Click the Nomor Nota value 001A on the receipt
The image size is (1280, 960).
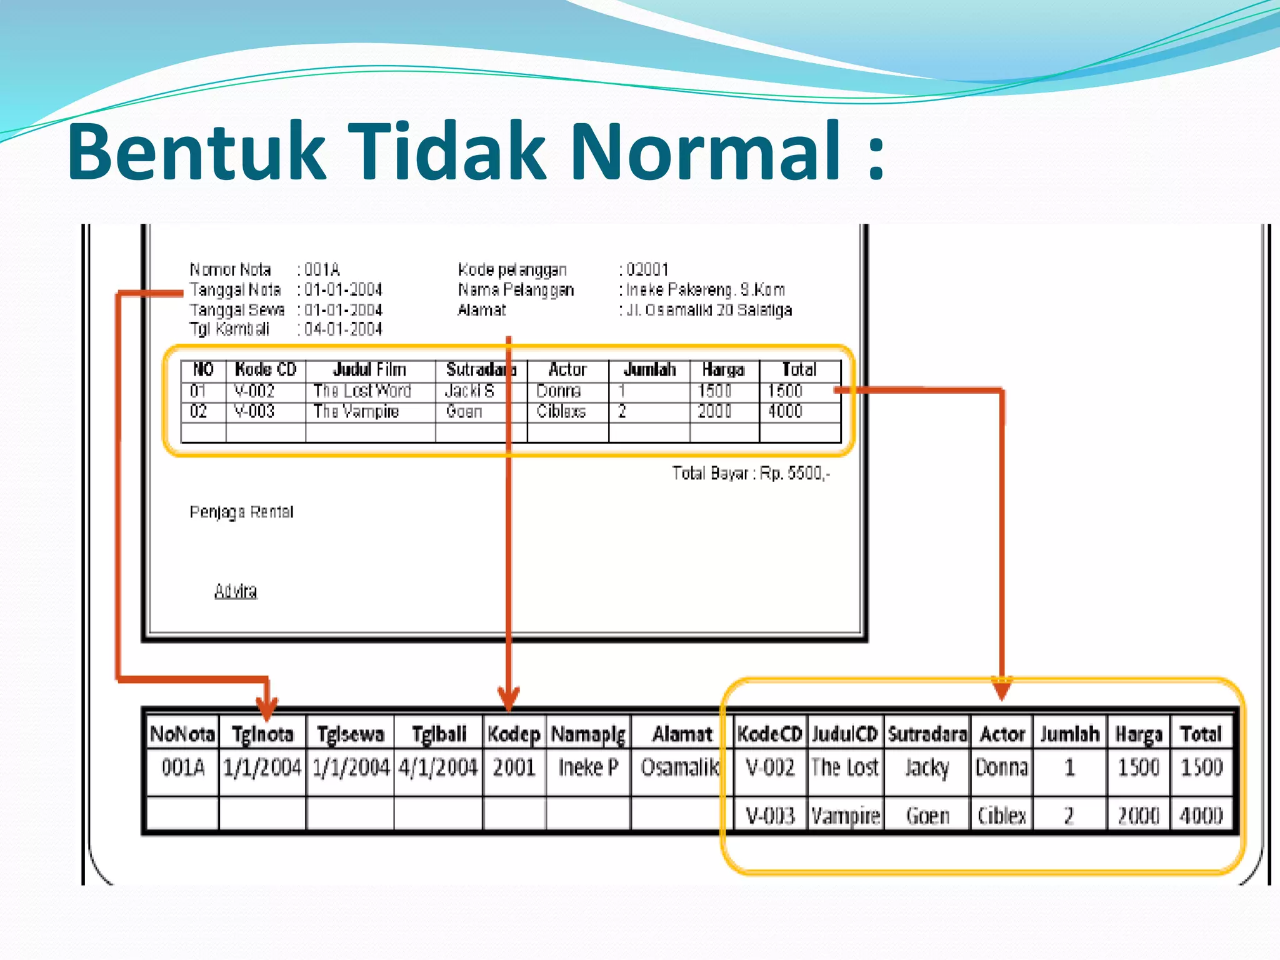click(x=322, y=270)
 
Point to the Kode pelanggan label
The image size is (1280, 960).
click(x=512, y=270)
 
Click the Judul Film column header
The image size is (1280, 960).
click(x=369, y=370)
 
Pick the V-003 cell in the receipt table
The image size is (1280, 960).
click(x=254, y=411)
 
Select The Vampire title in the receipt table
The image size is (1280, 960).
click(x=356, y=411)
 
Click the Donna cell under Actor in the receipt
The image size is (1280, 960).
click(x=558, y=391)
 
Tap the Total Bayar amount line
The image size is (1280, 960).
click(x=751, y=474)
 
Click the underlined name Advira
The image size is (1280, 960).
click(x=236, y=591)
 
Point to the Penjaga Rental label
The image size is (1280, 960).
click(x=241, y=512)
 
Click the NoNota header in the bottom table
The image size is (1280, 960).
click(x=182, y=734)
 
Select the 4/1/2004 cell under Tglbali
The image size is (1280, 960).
click(x=437, y=767)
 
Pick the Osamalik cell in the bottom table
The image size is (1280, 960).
click(x=680, y=767)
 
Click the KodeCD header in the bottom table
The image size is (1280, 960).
click(x=769, y=734)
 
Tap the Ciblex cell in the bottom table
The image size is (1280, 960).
click(x=1001, y=816)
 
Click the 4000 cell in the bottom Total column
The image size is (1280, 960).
click(x=1201, y=816)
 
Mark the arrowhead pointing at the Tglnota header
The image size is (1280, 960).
click(x=267, y=709)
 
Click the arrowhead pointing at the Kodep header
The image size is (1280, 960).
click(x=509, y=699)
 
